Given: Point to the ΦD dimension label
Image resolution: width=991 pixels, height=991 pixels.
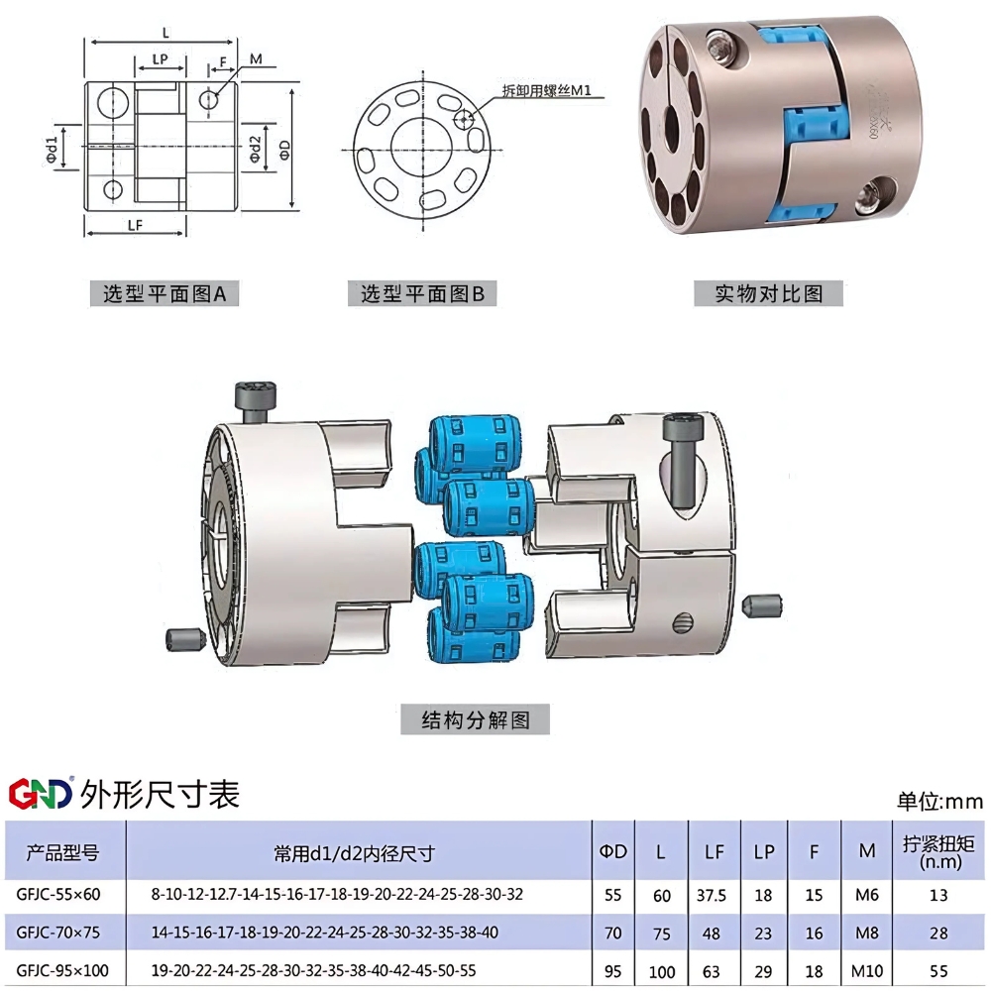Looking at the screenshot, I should [283, 148].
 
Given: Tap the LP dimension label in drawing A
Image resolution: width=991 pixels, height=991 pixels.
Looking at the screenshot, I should [160, 59].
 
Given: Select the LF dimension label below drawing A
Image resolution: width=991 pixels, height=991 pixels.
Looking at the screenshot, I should [137, 225].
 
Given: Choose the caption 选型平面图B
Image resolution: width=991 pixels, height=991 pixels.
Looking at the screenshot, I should [422, 293].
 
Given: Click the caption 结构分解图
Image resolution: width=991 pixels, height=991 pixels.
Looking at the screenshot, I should [476, 719].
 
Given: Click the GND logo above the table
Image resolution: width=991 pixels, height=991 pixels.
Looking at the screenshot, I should [41, 793].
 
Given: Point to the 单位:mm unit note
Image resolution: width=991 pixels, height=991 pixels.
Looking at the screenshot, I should [938, 801].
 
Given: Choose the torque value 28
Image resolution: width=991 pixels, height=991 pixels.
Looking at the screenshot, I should [938, 933].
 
